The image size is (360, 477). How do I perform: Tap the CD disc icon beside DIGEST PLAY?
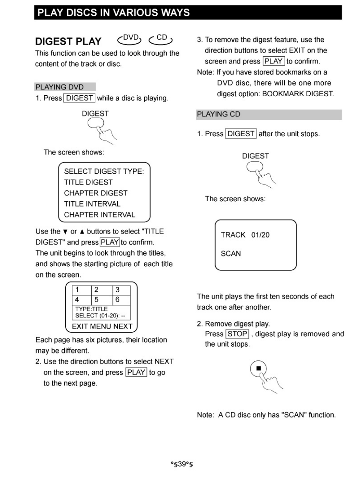click(161, 39)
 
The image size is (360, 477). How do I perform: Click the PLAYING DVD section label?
click(60, 87)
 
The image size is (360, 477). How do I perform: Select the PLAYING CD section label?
click(218, 114)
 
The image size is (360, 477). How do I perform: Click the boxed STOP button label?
click(237, 334)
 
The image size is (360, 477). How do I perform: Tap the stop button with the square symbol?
click(258, 368)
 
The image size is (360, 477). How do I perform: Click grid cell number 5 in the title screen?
click(97, 299)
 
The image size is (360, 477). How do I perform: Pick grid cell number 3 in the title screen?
click(118, 290)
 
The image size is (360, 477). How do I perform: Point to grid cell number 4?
click(77, 299)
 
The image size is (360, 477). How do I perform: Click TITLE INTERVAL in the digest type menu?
click(92, 204)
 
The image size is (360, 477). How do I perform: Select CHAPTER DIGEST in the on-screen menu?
click(96, 193)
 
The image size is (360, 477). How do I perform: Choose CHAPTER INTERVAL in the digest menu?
click(100, 215)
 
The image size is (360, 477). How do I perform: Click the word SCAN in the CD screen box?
click(231, 254)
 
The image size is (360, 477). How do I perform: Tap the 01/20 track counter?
click(260, 235)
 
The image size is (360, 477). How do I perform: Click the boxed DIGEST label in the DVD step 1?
click(79, 98)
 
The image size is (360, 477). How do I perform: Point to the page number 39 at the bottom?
click(182, 464)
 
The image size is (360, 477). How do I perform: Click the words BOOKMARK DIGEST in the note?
click(298, 94)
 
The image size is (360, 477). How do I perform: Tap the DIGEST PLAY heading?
click(68, 41)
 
